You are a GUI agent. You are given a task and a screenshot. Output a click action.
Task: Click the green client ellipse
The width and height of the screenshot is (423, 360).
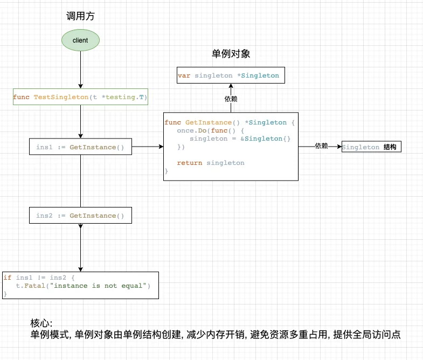coord(80,40)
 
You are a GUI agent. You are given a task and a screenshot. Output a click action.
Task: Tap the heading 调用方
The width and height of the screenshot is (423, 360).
coord(80,16)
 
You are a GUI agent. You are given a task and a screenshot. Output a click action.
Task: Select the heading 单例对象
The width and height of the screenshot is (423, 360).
coord(231,54)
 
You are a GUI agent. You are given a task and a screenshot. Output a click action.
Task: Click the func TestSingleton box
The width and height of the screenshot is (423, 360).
coord(80,97)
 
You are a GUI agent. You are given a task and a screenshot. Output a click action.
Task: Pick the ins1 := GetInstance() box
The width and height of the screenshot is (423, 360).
coord(80,147)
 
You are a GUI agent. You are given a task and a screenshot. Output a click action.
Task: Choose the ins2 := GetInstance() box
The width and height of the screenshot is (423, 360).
coord(80,216)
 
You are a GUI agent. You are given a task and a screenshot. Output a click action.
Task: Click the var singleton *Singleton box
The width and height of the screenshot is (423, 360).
coord(231,75)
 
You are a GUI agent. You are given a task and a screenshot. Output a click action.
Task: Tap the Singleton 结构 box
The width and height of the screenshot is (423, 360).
coord(371,147)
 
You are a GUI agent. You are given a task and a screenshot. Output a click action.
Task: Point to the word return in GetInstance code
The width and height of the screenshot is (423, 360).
coord(189,163)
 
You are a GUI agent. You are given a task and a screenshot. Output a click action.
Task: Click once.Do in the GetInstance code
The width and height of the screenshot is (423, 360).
coord(189,130)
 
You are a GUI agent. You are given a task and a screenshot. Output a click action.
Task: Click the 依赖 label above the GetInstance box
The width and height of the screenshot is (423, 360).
coord(231,99)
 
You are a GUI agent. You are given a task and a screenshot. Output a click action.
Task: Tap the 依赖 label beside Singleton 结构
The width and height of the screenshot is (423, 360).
coord(321,146)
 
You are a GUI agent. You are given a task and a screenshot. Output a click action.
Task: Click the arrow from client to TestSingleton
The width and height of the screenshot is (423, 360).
coord(80,70)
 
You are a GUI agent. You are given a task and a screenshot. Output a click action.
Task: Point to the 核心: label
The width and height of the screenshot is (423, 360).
coord(41,323)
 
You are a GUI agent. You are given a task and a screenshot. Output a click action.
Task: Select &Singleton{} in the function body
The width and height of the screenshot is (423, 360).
coord(263,139)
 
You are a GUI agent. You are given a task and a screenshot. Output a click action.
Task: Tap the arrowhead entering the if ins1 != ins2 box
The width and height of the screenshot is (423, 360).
coord(80,269)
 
